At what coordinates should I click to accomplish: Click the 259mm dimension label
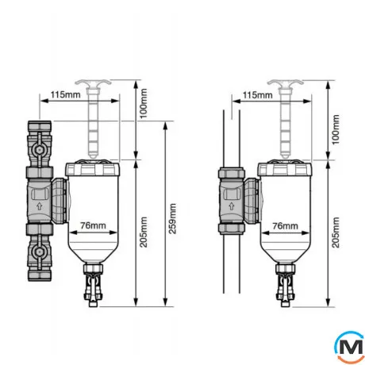(x=172, y=218)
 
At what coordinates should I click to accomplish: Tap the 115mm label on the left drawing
(x=65, y=94)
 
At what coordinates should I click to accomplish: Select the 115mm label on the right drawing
(x=257, y=94)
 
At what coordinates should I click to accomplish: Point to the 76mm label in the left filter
(x=93, y=225)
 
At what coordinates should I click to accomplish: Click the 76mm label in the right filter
(x=285, y=226)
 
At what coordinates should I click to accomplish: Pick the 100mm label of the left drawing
(x=144, y=103)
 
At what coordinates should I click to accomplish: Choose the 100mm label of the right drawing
(x=336, y=129)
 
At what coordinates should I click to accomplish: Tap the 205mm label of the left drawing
(x=144, y=232)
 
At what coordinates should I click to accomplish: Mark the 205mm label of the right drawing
(x=336, y=232)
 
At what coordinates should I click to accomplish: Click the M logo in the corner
(x=349, y=347)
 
